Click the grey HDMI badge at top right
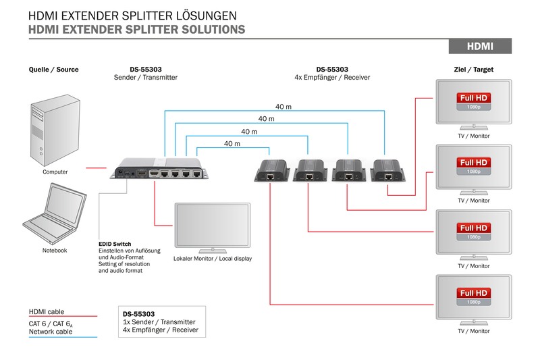click(480, 46)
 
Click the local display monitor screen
click(211, 225)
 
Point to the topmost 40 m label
click(283, 107)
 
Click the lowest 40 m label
click(232, 144)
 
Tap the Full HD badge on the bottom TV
click(473, 294)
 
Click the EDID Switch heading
click(115, 244)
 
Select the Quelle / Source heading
click(54, 70)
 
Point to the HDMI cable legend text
click(47, 311)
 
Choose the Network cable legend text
click(51, 332)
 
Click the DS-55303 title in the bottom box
click(139, 314)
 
